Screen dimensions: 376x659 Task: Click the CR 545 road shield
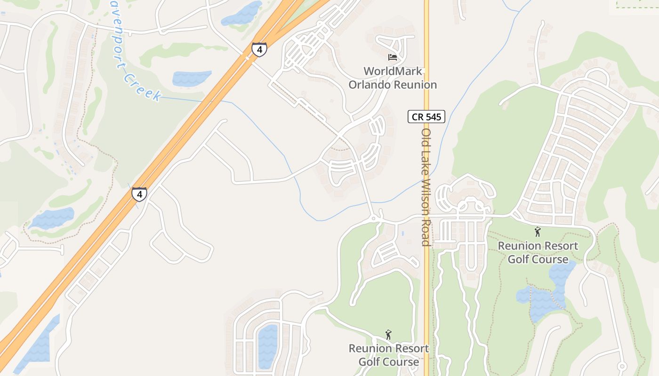click(426, 117)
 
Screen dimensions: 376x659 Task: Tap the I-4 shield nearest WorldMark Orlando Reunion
click(259, 49)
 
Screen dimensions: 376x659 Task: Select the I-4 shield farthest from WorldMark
click(139, 194)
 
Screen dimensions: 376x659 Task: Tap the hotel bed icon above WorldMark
click(393, 57)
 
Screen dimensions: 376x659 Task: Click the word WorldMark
click(393, 71)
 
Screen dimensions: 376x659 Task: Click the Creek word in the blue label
click(143, 87)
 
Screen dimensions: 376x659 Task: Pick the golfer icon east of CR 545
click(538, 232)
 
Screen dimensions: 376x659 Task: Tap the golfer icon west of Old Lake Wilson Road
click(388, 335)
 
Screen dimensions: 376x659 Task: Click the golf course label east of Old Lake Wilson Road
click(538, 252)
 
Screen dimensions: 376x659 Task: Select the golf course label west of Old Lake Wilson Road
click(389, 355)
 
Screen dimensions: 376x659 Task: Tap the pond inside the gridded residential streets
click(268, 345)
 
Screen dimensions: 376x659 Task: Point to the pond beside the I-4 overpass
click(241, 14)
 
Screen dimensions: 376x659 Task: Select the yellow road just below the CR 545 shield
click(426, 141)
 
